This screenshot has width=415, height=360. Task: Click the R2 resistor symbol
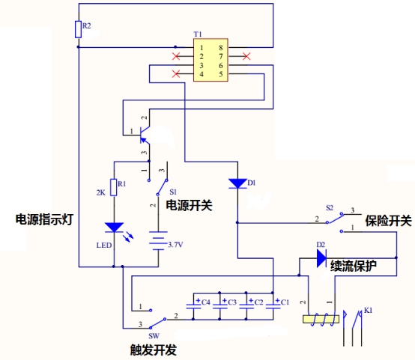pyautogui.click(x=79, y=29)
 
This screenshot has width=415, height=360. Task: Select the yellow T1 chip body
pyautogui.click(x=210, y=60)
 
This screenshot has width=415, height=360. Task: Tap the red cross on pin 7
pyautogui.click(x=246, y=56)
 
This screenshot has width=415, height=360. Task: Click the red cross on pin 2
pyautogui.click(x=176, y=56)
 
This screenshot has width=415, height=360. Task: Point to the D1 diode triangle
pyautogui.click(x=237, y=183)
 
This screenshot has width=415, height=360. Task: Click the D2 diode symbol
pyautogui.click(x=321, y=258)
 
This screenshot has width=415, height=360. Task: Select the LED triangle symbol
pyautogui.click(x=114, y=228)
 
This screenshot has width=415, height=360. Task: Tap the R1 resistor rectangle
pyautogui.click(x=114, y=187)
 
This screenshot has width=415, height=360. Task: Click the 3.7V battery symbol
pyautogui.click(x=158, y=241)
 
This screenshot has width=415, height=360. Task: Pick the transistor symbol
pyautogui.click(x=145, y=135)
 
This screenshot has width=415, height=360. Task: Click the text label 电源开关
pyautogui.click(x=189, y=205)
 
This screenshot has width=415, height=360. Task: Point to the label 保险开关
pyautogui.click(x=388, y=220)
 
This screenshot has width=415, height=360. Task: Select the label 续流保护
pyautogui.click(x=354, y=266)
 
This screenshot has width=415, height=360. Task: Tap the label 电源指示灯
pyautogui.click(x=44, y=219)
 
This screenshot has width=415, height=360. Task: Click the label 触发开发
pyautogui.click(x=154, y=350)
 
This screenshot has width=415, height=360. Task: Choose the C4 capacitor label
pyautogui.click(x=206, y=302)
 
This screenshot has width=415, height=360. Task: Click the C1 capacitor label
pyautogui.click(x=285, y=302)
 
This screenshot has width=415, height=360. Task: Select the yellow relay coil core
pyautogui.click(x=321, y=319)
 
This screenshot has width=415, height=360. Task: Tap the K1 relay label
pyautogui.click(x=368, y=310)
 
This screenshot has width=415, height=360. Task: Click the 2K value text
pyautogui.click(x=101, y=192)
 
